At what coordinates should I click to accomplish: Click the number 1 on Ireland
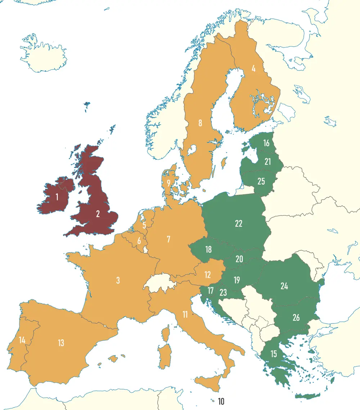coord(57,197)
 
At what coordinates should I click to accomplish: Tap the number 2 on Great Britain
coord(98,214)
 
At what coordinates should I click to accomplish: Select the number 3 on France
coord(118,280)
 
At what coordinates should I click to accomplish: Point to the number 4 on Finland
coord(253,68)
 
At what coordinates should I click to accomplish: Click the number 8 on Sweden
coord(200,123)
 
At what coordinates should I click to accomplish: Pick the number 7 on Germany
coord(168,239)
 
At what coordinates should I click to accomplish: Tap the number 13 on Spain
coord(61,343)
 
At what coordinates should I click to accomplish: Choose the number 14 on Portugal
coord(22,340)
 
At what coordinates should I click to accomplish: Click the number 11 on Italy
coord(185,315)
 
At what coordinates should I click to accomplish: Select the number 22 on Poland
coord(238,223)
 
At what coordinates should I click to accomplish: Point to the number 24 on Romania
coord(284,286)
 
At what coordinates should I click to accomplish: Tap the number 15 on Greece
coord(274,354)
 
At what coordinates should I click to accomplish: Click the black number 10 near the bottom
coord(221,401)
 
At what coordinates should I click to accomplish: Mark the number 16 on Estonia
coord(266,143)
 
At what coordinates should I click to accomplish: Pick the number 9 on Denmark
coord(168,183)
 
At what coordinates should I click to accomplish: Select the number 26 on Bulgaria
coord(296,317)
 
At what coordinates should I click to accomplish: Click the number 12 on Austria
coord(207,275)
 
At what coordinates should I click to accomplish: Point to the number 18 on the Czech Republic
coord(208,249)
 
